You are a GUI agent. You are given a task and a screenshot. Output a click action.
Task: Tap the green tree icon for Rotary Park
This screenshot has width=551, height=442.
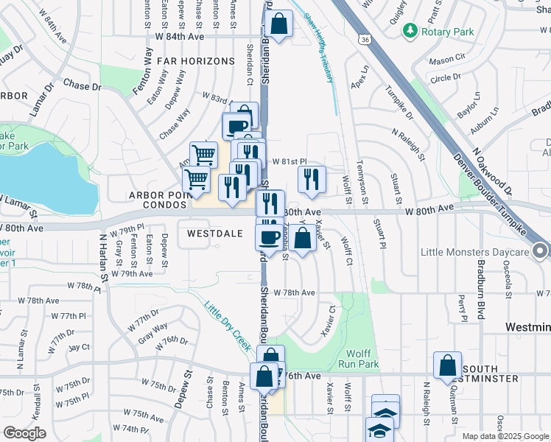pos(410,32)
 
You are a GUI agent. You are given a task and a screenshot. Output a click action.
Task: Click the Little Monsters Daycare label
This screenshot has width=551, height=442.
pos(474,252)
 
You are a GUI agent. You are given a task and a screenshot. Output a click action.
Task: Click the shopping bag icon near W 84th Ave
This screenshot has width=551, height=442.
pos(280,24)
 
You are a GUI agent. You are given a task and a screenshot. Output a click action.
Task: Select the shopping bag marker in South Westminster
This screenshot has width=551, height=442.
pos(448,365)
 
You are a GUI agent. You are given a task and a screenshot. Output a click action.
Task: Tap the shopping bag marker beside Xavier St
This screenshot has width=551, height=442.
pos(302,238)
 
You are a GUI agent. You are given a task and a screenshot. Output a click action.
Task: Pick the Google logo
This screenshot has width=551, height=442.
pos(24,433)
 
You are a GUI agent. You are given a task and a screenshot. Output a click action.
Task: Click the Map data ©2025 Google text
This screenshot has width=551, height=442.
pos(505,436)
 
